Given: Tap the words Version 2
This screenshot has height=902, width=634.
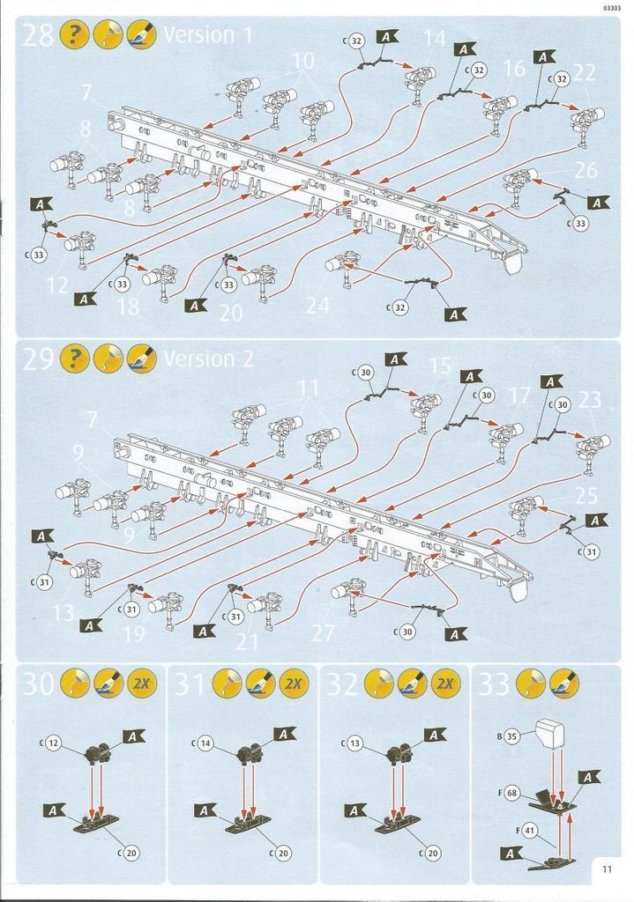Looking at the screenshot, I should pyautogui.click(x=208, y=359).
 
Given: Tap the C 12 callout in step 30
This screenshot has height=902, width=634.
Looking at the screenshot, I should pyautogui.click(x=53, y=744).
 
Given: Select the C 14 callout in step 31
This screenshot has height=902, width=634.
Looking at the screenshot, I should pyautogui.click(x=205, y=744).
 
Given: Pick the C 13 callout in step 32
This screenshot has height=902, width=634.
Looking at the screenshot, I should pyautogui.click(x=355, y=744).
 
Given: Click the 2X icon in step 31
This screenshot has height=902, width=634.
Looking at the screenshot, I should pyautogui.click(x=293, y=684).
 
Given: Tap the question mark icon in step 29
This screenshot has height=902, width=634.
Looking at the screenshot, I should pyautogui.click(x=74, y=359).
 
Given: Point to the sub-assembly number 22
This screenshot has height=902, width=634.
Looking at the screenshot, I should pyautogui.click(x=584, y=74).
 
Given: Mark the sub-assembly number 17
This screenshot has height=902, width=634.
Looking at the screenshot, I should pyautogui.click(x=520, y=396).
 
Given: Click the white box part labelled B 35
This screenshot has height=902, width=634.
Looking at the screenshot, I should pyautogui.click(x=548, y=730).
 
